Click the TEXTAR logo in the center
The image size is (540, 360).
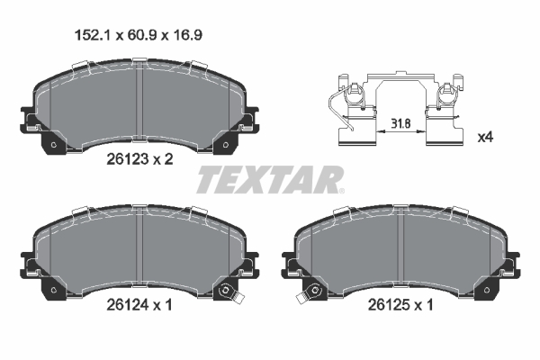point(270,179)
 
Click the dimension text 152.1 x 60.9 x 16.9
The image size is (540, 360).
point(139,35)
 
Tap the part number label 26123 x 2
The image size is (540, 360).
point(139,159)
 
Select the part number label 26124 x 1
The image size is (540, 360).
point(139,305)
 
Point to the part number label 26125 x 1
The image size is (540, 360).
point(400,305)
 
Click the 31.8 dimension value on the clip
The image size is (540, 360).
point(401,123)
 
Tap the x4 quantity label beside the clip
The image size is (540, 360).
point(486,138)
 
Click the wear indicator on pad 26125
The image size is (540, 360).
point(308,293)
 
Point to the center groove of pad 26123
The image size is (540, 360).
point(139,101)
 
